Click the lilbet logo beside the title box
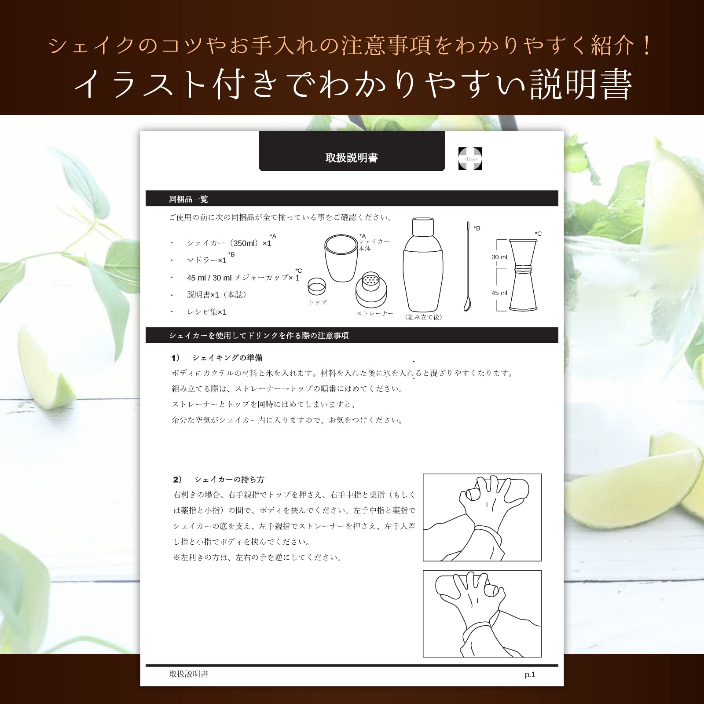coord(470,158)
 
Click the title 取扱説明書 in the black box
coord(352,158)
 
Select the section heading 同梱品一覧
coord(188,199)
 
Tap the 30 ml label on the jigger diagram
coord(499,257)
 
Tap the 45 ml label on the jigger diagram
coord(499,293)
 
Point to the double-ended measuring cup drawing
coord(523,275)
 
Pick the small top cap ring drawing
coord(316,286)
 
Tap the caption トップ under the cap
coord(318,302)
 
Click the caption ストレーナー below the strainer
coord(374,313)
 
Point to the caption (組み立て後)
coord(423,317)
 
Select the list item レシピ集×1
coord(206,312)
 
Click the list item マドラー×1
coord(206,260)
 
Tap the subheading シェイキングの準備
coord(227,358)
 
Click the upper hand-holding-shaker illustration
coord(482,517)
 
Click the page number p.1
coord(530,675)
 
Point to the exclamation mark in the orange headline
coord(646,46)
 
